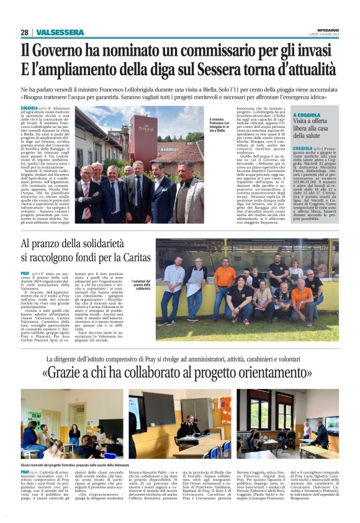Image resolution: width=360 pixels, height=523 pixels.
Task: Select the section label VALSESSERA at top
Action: [x=60, y=32]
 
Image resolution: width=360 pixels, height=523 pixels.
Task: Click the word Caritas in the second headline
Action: [x=128, y=260]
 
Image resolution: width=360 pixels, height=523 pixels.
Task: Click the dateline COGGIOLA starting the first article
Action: [x=29, y=109]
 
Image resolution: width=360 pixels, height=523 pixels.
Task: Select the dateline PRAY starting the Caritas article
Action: [x=25, y=273]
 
